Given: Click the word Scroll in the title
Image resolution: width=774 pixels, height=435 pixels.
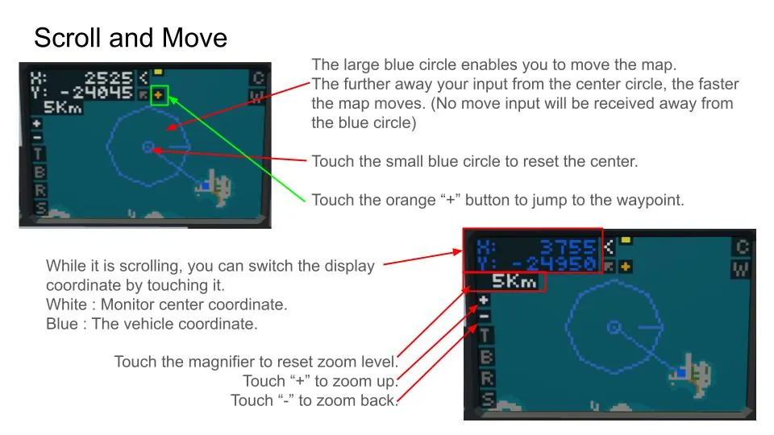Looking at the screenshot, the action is point(68,38).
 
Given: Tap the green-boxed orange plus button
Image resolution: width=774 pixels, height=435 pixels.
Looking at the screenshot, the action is point(158,94).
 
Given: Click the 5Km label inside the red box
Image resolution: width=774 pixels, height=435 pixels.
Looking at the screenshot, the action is point(514,282).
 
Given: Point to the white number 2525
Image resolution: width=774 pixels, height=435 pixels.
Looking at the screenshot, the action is point(109,78).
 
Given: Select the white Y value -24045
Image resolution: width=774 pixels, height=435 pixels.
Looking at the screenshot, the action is point(98,92).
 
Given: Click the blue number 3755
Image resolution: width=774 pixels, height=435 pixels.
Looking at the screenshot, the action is point(568,246).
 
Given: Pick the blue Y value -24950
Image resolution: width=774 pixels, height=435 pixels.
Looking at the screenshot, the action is point(555,263).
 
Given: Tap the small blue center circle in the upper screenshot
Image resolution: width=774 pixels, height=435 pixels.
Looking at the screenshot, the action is point(148,147).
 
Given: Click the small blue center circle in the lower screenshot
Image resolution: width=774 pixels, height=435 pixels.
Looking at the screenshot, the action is point(614,327).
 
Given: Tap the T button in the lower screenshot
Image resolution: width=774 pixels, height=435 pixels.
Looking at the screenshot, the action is point(485,335).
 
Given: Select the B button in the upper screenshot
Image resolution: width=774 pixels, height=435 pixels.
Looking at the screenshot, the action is point(40,172).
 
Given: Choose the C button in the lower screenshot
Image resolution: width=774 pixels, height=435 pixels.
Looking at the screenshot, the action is point(742,246).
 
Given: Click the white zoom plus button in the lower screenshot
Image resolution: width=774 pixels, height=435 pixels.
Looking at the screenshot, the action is point(484,300).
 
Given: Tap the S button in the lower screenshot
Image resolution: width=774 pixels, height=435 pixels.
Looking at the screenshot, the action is point(488,399).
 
